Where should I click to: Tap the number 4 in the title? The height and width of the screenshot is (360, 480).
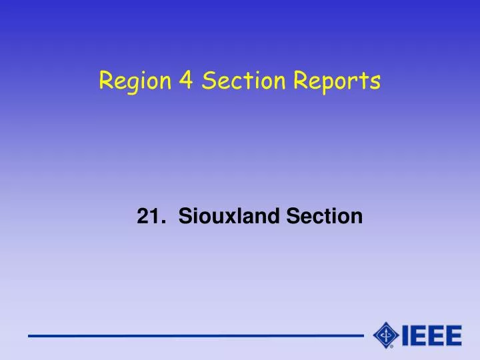coord(185,81)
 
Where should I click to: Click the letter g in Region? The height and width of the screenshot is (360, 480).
coord(127,84)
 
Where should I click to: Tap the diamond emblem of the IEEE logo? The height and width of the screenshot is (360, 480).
coord(386,335)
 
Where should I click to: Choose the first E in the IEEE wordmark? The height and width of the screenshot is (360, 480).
coord(419,335)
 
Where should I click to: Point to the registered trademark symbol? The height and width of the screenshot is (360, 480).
coord(391,347)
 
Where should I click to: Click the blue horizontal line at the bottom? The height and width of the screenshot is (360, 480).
coord(193,335)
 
